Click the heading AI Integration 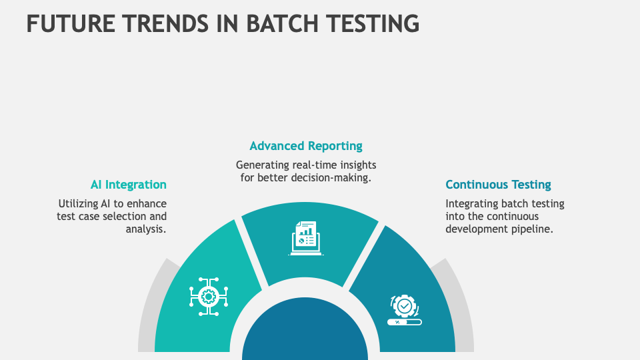click(x=129, y=185)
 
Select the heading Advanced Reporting click(x=306, y=145)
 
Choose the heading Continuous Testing click(x=498, y=185)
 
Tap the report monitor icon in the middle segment click(x=306, y=237)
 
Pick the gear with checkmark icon click(x=404, y=305)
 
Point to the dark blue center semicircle click(x=305, y=333)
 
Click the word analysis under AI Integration click(x=146, y=229)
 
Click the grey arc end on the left click(x=148, y=313)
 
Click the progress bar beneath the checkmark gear click(x=405, y=322)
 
